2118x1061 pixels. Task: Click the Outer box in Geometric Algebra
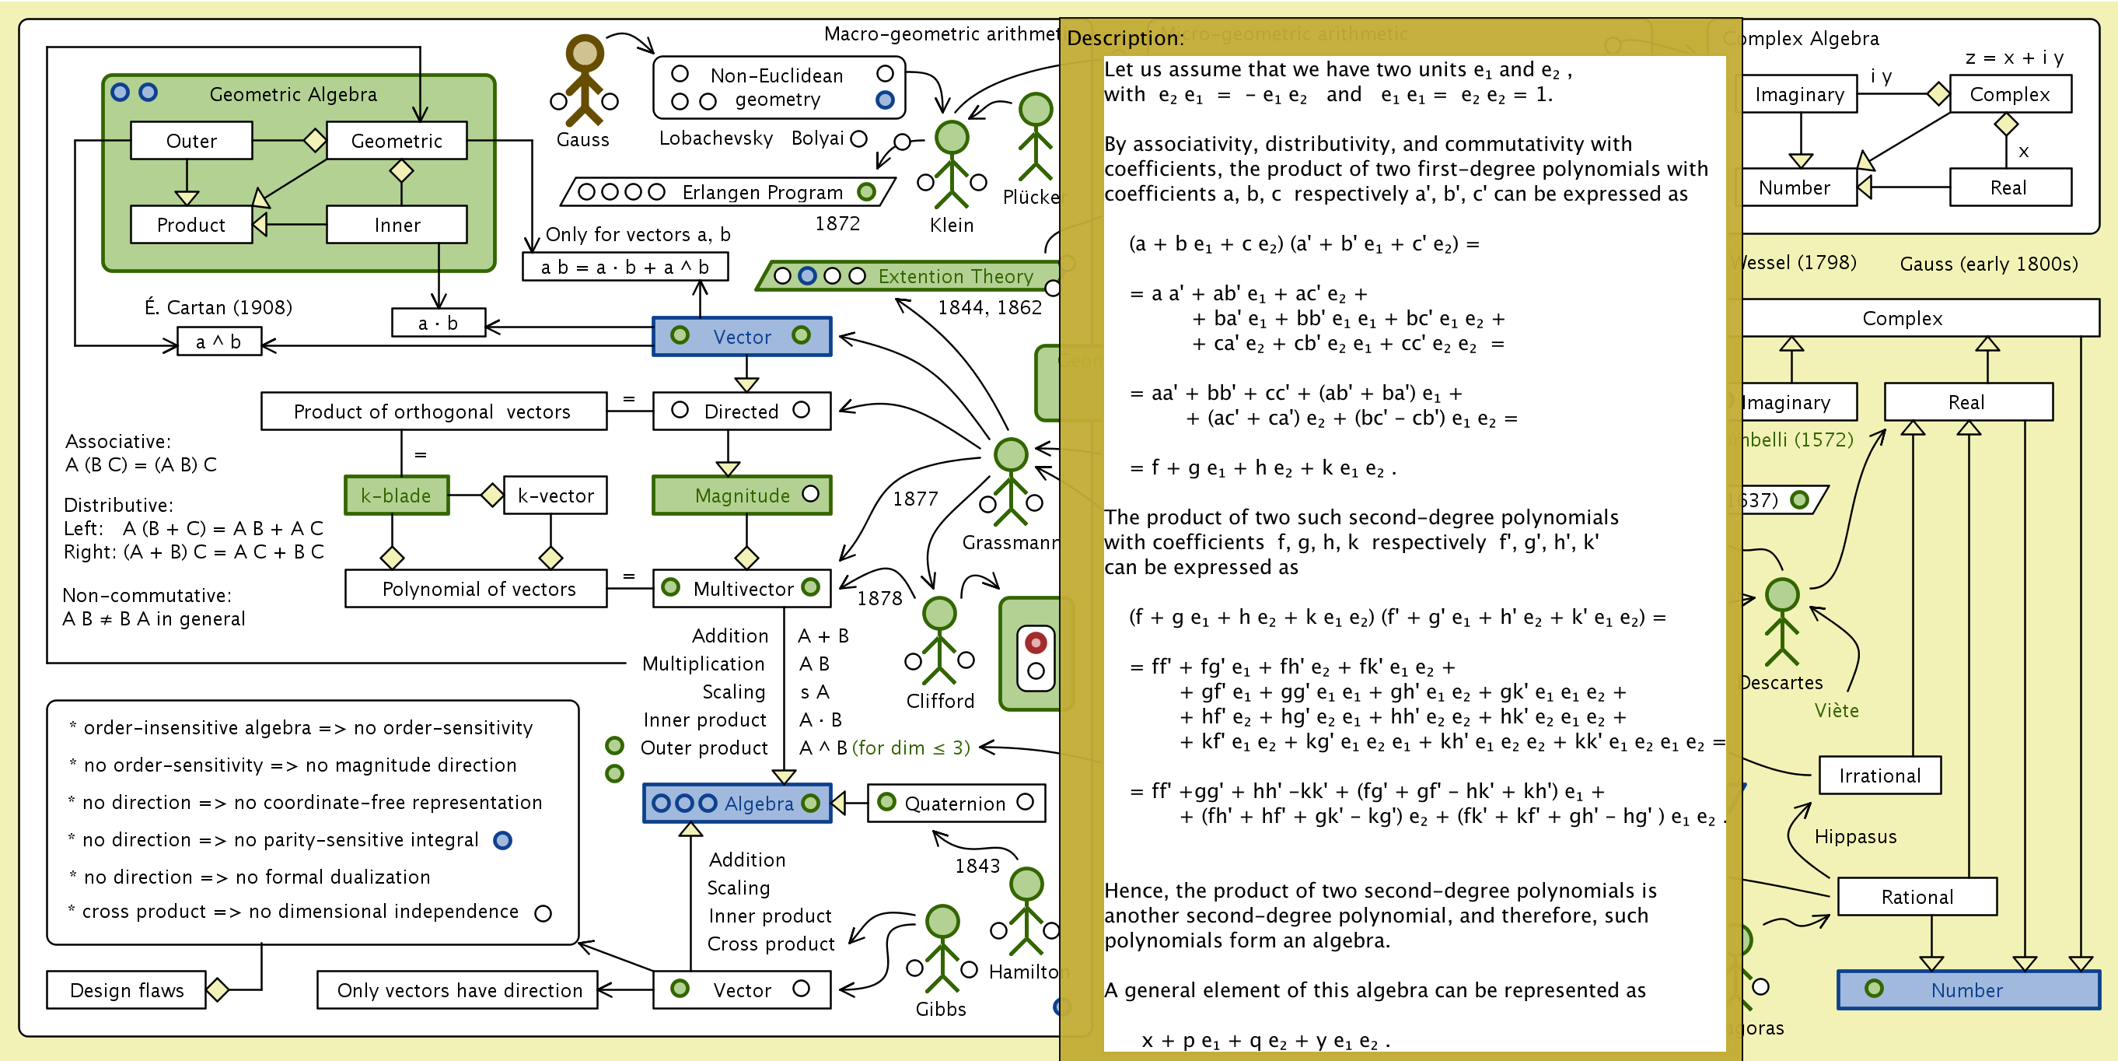point(191,141)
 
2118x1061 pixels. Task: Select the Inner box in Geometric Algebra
point(397,225)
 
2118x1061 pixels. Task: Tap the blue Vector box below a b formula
point(742,336)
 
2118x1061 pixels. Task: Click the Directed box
point(741,411)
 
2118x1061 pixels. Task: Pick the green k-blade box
point(397,495)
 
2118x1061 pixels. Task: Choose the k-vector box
point(555,495)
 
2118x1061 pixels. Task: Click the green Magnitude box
point(741,495)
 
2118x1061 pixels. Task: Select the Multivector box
point(741,589)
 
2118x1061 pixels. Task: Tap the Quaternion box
point(956,804)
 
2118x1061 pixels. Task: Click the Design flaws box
point(127,990)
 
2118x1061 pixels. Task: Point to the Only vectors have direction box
point(459,990)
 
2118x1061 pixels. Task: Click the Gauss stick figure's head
point(585,53)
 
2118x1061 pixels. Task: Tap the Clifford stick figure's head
point(939,614)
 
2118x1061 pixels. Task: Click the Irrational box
point(1879,776)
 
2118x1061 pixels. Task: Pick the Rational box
point(1917,897)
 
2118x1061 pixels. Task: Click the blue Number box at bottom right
point(1967,990)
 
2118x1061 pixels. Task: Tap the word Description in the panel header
point(1125,38)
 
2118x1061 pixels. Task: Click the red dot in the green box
point(1036,643)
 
